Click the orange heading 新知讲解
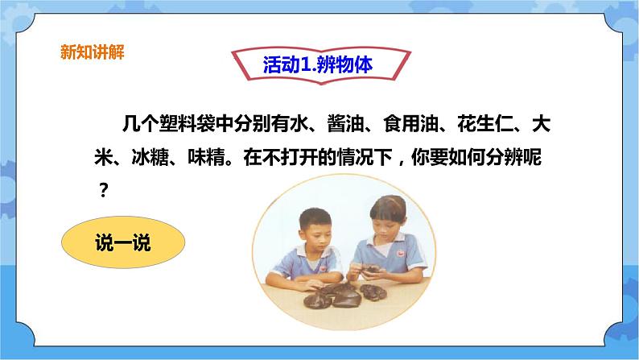pos(93,52)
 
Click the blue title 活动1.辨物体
pos(318,64)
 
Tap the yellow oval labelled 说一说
pos(123,242)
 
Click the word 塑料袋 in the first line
pos(187,123)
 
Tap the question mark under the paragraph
pos(104,190)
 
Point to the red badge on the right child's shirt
pos(401,254)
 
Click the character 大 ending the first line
pos(541,123)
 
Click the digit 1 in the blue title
pos(305,64)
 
